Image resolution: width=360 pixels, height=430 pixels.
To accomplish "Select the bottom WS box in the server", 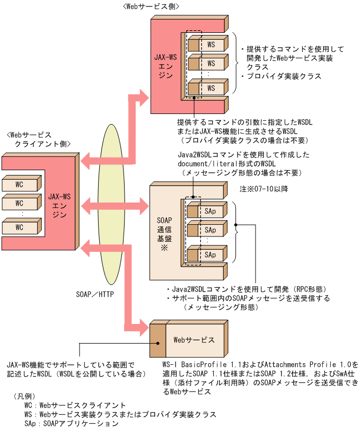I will point(210,87).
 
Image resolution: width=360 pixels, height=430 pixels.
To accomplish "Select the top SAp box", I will point(210,210).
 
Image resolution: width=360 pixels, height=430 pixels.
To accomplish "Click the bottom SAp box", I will point(210,255).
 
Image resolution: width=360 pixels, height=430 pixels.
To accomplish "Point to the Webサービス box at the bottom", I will point(194,339).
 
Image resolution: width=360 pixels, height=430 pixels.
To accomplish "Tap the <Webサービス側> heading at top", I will point(151,6).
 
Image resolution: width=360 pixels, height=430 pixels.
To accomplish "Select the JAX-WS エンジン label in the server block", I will point(165,66).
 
